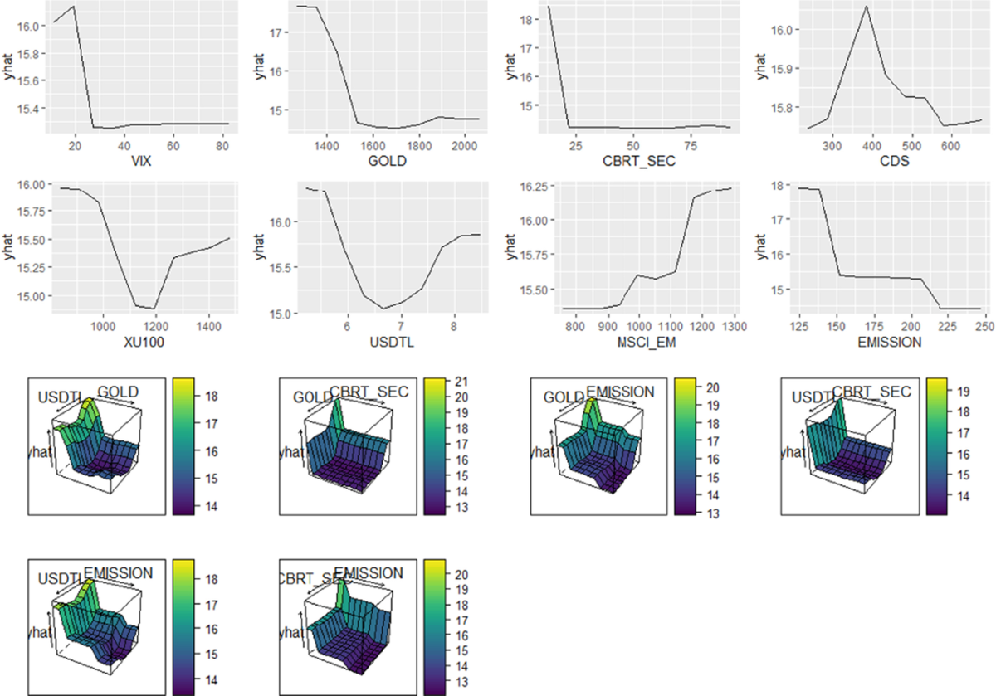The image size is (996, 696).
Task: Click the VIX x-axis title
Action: (138, 161)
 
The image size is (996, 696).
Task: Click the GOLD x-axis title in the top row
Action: (389, 161)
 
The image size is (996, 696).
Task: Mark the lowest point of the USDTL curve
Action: (383, 309)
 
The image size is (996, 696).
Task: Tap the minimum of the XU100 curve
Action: (154, 309)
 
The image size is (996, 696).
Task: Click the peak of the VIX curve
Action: (75, 7)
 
